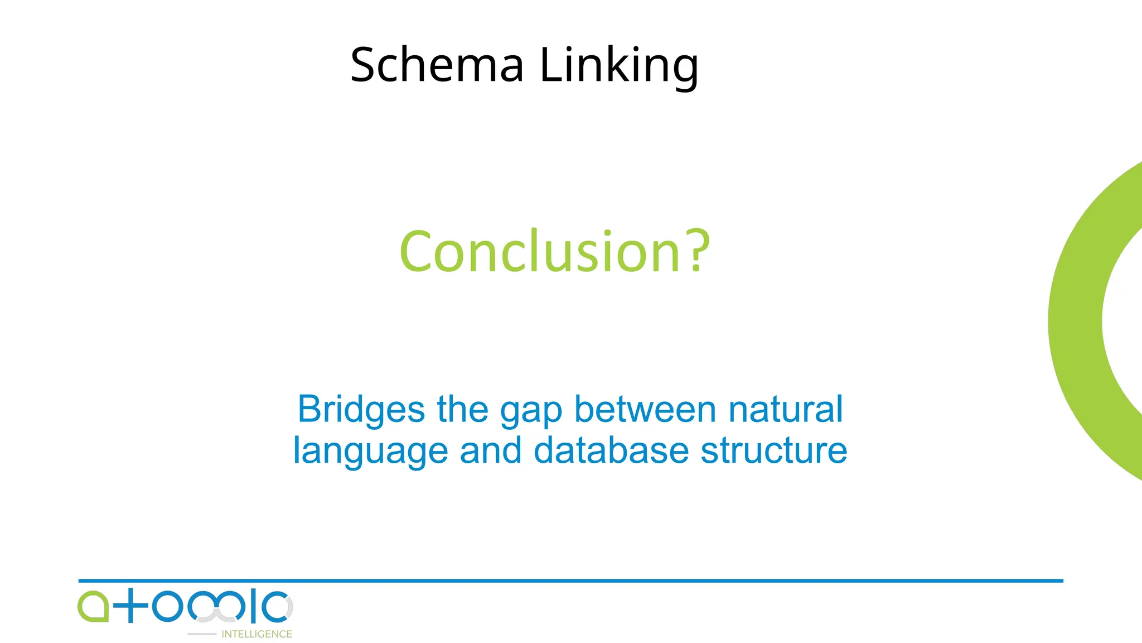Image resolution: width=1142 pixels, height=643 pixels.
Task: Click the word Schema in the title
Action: click(437, 65)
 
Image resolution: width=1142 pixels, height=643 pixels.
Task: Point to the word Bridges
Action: click(361, 410)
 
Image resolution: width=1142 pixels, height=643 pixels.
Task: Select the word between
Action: click(645, 409)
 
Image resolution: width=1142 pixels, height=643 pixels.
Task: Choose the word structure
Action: click(774, 450)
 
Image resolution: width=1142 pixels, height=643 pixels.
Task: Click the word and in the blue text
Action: click(491, 450)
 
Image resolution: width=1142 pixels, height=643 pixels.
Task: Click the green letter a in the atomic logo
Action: click(93, 606)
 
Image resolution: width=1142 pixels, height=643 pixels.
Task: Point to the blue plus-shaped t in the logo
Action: click(130, 606)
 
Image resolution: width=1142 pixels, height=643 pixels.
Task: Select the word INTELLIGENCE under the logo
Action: click(257, 634)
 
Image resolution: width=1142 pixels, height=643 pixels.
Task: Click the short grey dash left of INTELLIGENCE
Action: click(201, 634)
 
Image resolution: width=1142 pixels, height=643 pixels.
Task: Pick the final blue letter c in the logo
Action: click(275, 606)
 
